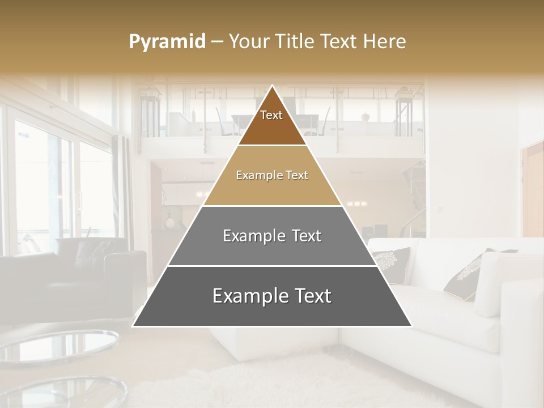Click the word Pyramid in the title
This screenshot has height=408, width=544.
coord(167,42)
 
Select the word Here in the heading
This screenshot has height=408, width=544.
coord(385,42)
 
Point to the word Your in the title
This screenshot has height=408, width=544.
coord(249,42)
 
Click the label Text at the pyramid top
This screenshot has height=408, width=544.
coord(271,115)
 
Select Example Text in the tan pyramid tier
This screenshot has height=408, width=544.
coord(272,175)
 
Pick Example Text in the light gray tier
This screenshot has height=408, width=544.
coord(272,236)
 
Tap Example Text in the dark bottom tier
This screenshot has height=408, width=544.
coord(272,296)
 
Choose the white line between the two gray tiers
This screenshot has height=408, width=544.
coord(272,266)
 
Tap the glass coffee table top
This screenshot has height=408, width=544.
coord(62,346)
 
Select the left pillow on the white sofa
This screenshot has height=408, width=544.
coord(391,263)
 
